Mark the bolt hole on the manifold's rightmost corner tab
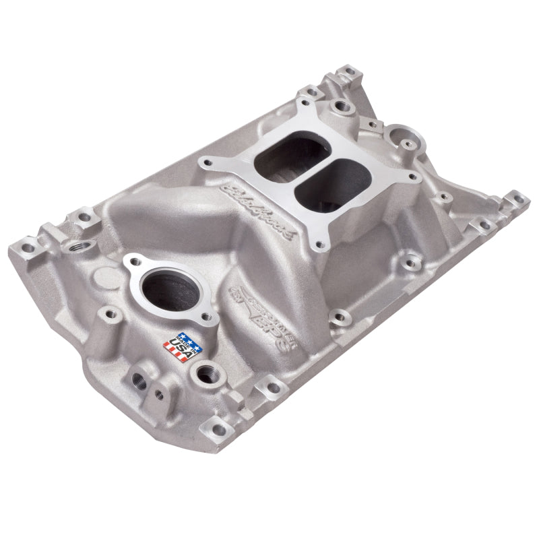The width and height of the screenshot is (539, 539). [x=517, y=198]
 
